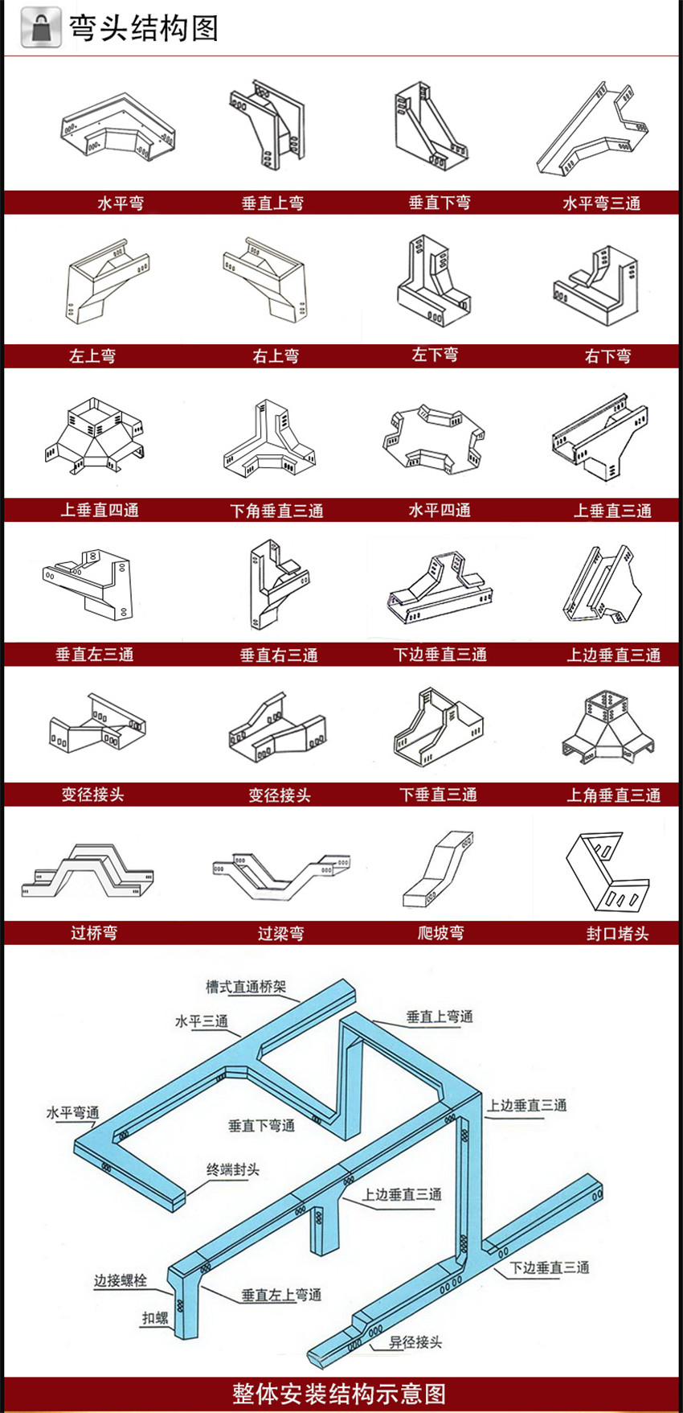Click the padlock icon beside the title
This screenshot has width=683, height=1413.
point(41,28)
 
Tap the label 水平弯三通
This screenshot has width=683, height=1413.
point(601,203)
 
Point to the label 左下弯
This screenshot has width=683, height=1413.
point(435,355)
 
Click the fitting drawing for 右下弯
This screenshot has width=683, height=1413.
point(595,284)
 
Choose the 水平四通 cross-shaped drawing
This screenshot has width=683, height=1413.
point(434,437)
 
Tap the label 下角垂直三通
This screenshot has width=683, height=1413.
point(276,511)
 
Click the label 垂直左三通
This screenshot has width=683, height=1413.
point(95,655)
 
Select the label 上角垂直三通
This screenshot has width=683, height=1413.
point(613,795)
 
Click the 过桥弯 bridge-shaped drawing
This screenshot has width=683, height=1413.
point(87,870)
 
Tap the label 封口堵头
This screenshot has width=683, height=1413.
point(617,934)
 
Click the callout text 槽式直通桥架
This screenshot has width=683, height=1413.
point(245,986)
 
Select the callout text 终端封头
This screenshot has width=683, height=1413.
point(233,1169)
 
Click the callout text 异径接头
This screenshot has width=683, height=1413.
point(415,1342)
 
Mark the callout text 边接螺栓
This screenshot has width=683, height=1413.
point(121,1280)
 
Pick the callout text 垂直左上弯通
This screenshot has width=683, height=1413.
point(281,1295)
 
